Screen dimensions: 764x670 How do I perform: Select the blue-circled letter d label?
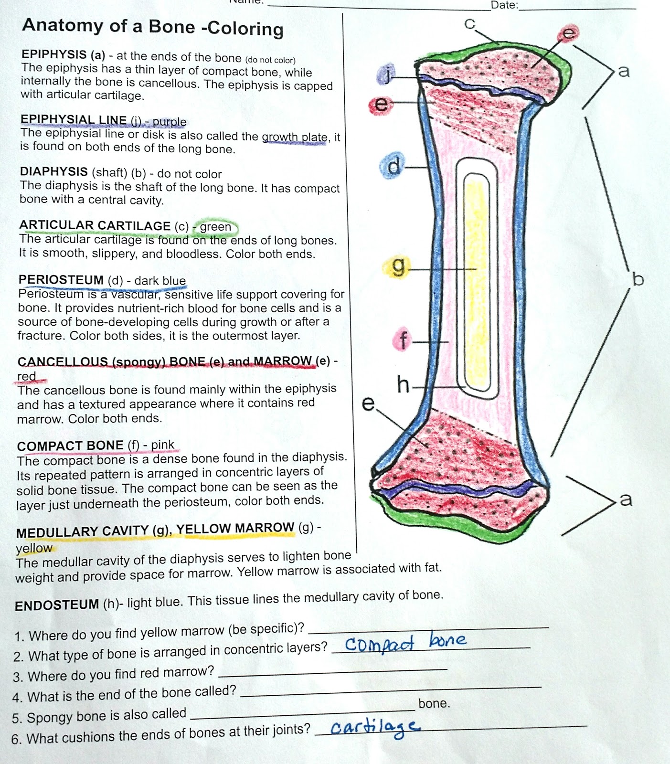coord(393,166)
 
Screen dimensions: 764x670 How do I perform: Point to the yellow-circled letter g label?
coord(397,266)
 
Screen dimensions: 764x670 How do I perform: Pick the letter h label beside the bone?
coord(403,384)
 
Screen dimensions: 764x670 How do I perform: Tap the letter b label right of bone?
coord(638,279)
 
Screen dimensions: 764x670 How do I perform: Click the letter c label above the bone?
coord(470,24)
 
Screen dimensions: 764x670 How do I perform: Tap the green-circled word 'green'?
coord(215,227)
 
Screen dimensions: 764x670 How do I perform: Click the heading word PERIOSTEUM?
coord(61,279)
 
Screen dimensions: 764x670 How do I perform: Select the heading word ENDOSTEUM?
coord(57,605)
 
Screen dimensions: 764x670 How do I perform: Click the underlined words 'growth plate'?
coord(295,137)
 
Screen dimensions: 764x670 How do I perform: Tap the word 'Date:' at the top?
coord(504,5)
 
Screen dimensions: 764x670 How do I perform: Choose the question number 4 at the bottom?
coord(17,698)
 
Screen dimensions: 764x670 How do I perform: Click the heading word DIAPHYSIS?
coord(53,171)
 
